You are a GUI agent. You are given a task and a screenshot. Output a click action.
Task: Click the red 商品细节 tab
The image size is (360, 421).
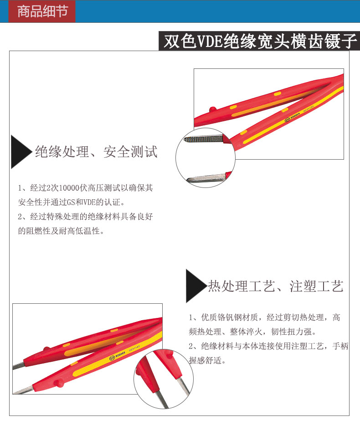pyautogui.click(x=42, y=11)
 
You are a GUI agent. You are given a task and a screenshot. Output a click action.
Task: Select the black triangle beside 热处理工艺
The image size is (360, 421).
pyautogui.click(x=196, y=286)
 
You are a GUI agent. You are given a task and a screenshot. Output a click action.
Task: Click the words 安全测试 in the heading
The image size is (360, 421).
pyautogui.click(x=130, y=152)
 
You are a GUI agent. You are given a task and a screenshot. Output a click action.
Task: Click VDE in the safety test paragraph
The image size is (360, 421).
pyautogui.click(x=90, y=202)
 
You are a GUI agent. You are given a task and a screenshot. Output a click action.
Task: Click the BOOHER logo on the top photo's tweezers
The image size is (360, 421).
pyautogui.click(x=292, y=117)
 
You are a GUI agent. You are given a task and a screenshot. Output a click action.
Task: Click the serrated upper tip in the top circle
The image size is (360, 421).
pyautogui.click(x=204, y=140)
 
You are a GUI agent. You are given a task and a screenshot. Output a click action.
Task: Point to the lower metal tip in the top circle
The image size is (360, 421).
pyautogui.click(x=206, y=178)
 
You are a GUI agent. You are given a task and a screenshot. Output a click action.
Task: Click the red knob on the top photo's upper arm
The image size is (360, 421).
pyautogui.click(x=212, y=109)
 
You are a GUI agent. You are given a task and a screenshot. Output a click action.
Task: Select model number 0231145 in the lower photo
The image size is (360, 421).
pyautogui.click(x=134, y=348)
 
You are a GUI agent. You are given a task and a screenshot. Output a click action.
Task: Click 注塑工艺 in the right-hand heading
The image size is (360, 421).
pyautogui.click(x=317, y=286)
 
